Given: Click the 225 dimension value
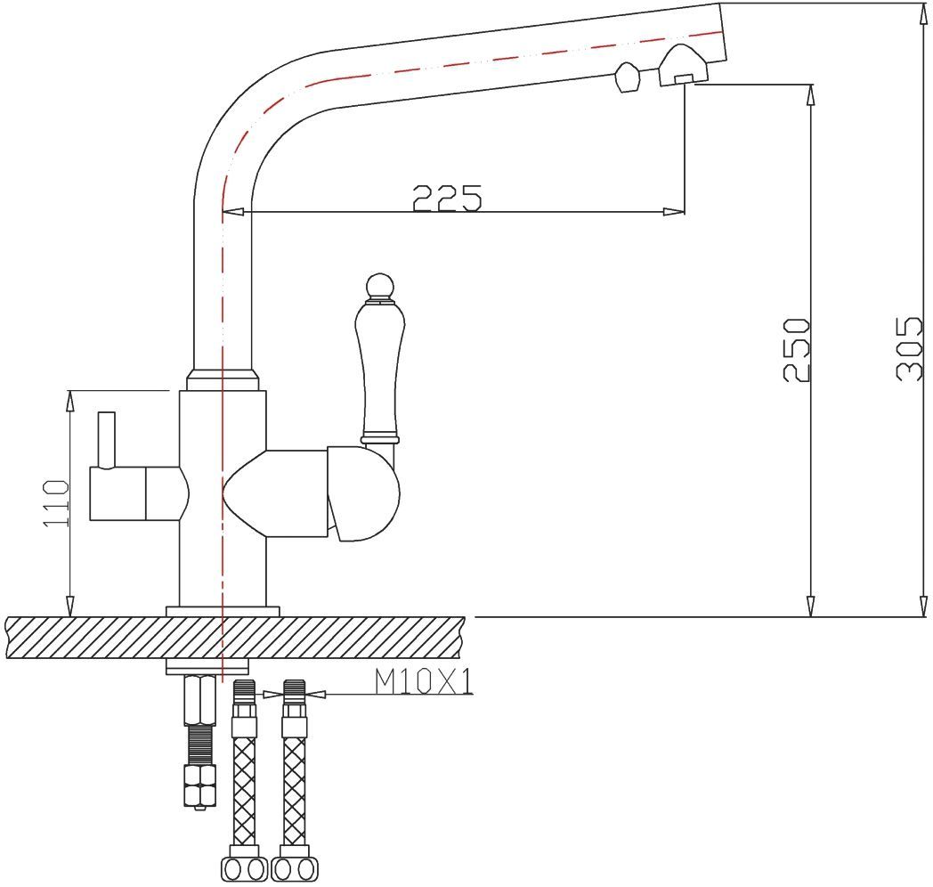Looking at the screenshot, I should click(x=447, y=198).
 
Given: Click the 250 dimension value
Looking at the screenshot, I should click(x=797, y=349).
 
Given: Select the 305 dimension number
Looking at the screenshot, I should click(x=909, y=348).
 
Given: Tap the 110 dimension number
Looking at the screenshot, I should click(x=56, y=502).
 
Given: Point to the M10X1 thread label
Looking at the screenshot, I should click(x=423, y=681).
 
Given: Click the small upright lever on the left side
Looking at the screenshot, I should click(x=107, y=439).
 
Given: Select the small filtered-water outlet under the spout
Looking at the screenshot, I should click(x=627, y=77).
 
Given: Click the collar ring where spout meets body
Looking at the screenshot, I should click(x=223, y=380).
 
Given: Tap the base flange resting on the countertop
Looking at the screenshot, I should click(x=223, y=610).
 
